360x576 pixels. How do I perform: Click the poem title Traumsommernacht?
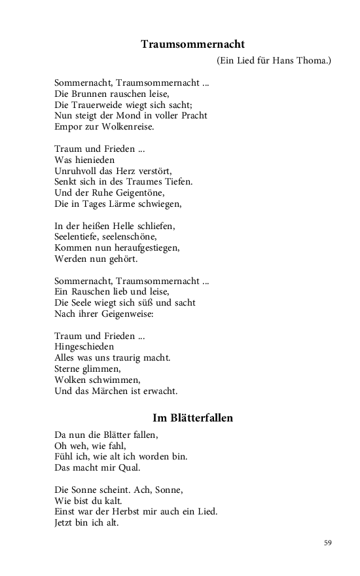192,45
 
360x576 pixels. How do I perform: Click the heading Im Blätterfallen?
192,418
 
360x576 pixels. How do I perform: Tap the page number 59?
328,542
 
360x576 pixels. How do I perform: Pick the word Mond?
134,115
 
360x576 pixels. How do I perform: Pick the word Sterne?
68,369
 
